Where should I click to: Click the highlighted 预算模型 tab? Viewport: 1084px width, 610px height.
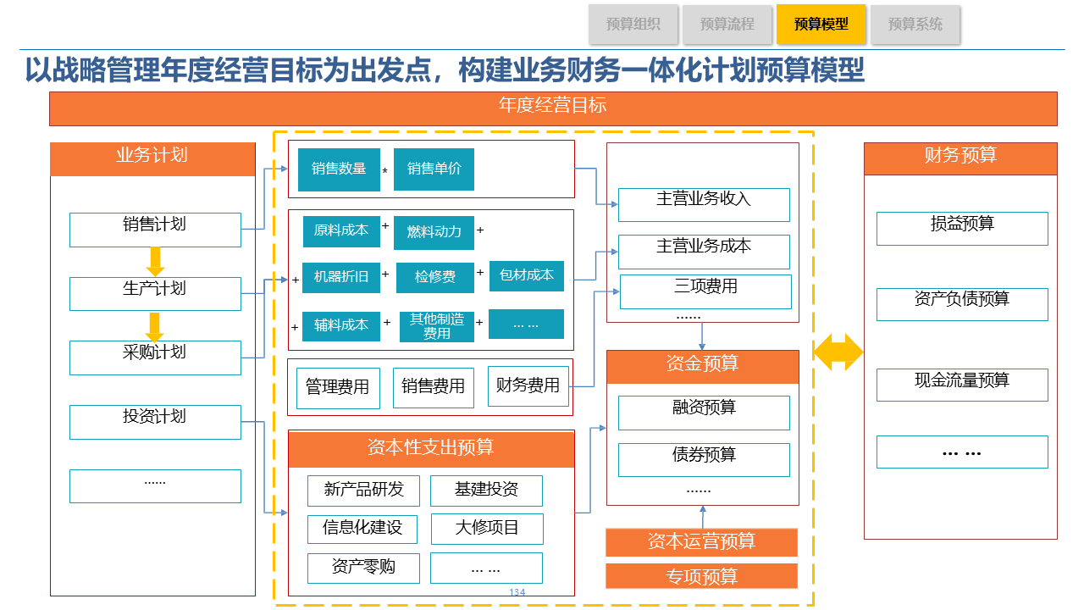point(821,24)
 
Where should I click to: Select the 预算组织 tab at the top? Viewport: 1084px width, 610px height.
point(633,24)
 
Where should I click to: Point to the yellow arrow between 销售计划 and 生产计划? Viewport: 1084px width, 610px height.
point(154,260)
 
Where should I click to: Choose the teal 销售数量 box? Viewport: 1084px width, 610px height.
point(339,169)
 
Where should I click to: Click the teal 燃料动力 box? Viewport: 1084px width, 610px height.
point(434,232)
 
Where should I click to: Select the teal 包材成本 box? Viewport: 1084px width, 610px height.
point(527,275)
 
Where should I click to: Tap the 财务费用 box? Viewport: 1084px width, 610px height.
point(528,386)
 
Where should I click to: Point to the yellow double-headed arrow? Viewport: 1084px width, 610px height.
point(838,352)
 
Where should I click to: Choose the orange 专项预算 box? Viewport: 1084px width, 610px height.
point(701,576)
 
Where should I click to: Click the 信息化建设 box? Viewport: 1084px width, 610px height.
point(362,529)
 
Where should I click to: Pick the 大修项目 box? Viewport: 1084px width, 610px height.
point(487,529)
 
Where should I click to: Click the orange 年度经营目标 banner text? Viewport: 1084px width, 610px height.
point(553,107)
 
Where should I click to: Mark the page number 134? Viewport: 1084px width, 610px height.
point(517,592)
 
